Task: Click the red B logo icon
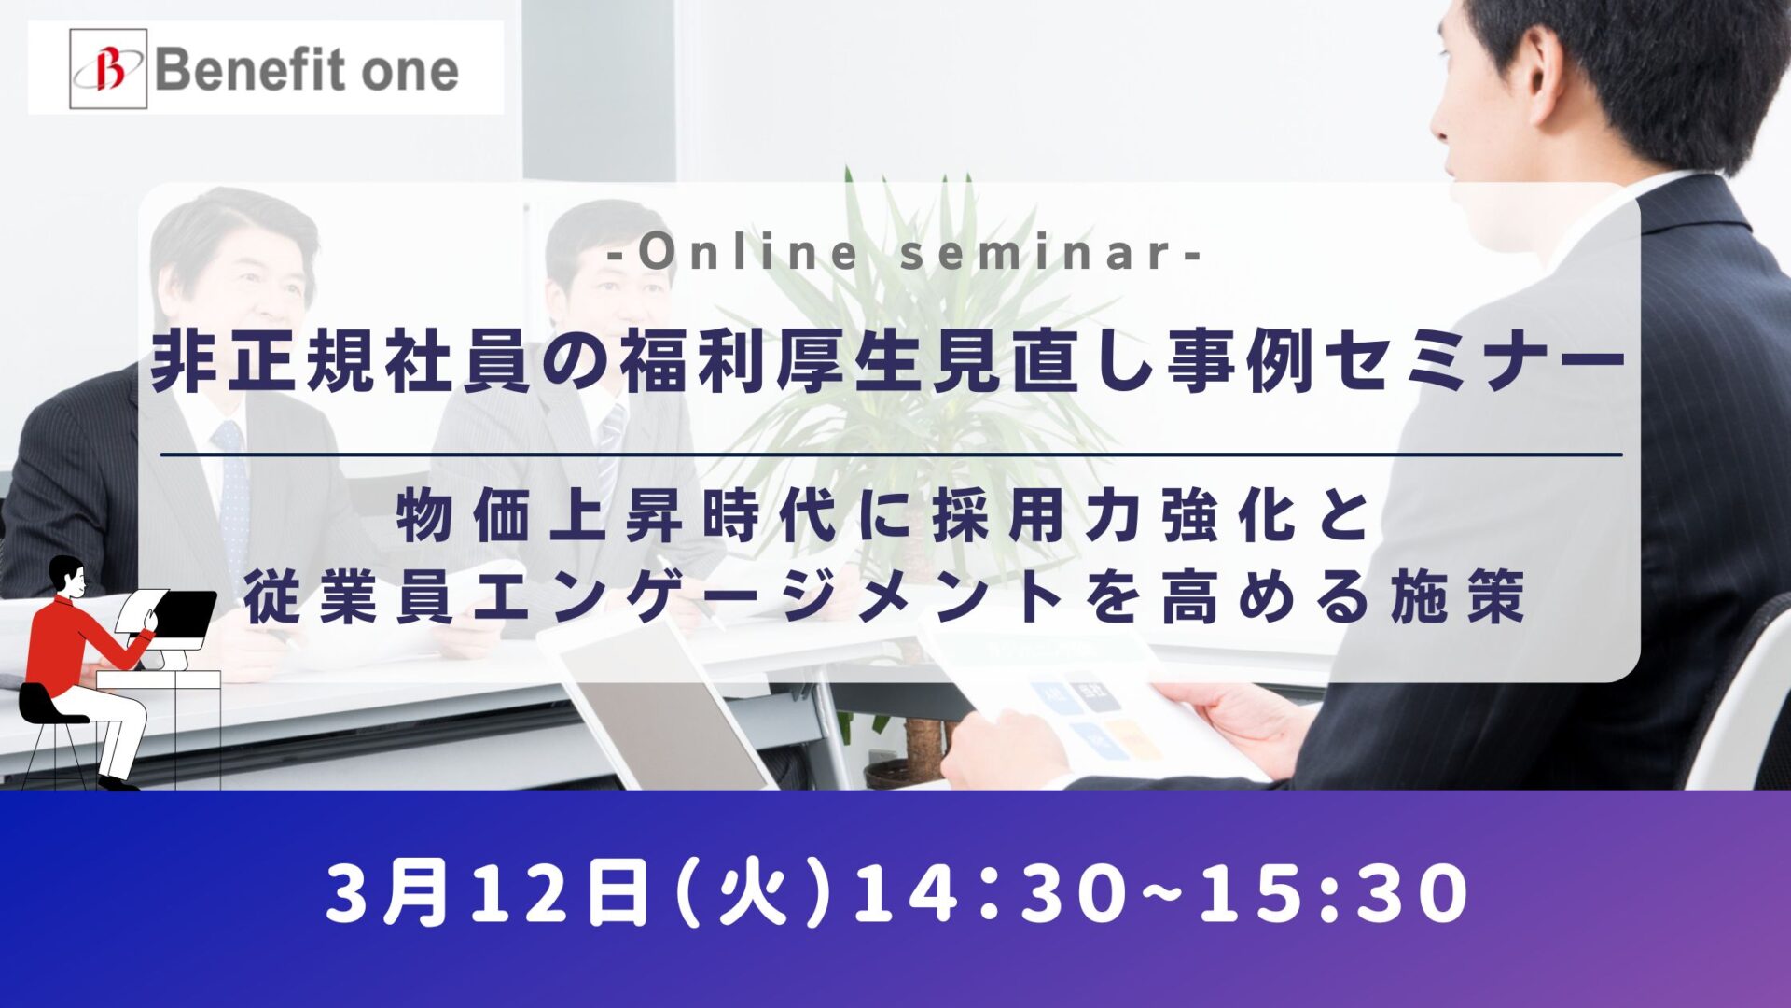(x=108, y=69)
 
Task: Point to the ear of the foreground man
(x=1544, y=78)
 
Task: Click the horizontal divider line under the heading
(x=892, y=455)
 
